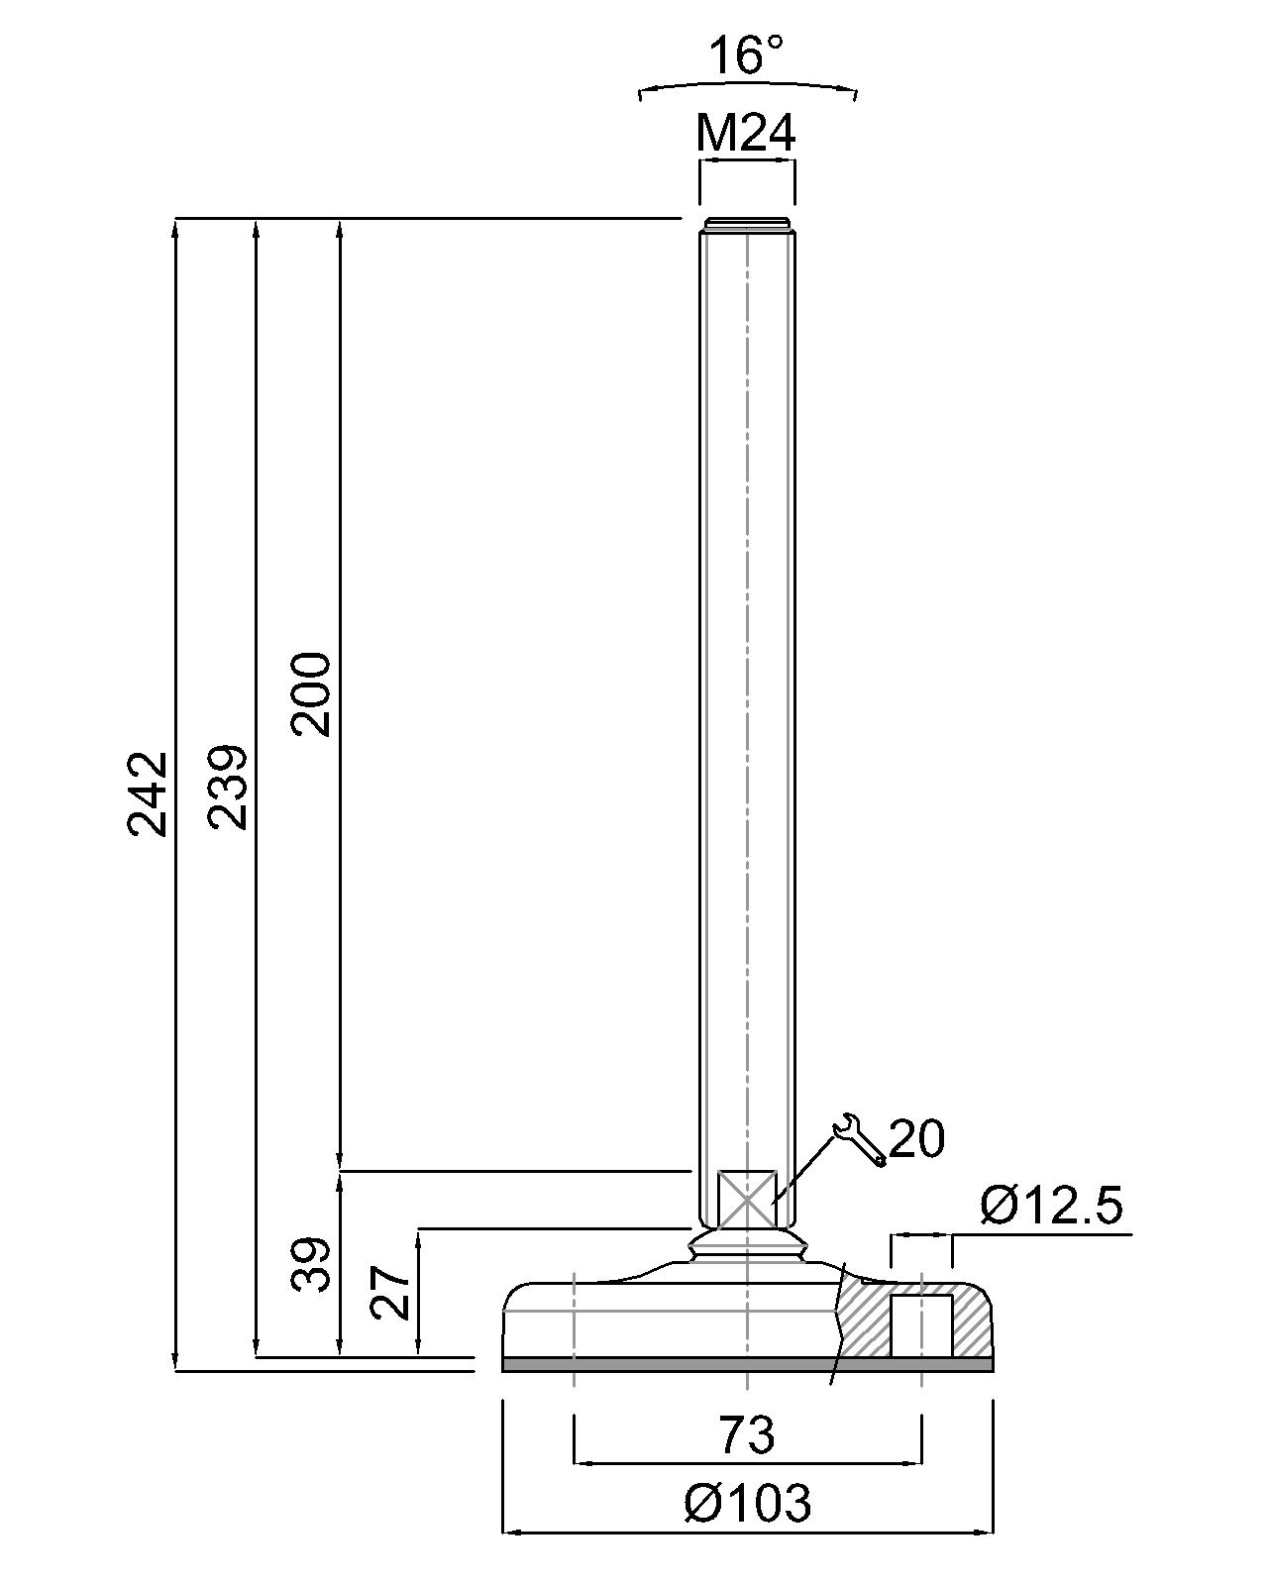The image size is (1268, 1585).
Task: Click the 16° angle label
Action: pyautogui.click(x=746, y=56)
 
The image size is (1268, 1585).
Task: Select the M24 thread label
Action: pyautogui.click(x=746, y=134)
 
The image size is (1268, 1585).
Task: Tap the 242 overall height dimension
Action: pyautogui.click(x=148, y=793)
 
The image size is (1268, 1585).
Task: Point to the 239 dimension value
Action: pyautogui.click(x=227, y=788)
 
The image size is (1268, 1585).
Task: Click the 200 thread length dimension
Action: pyautogui.click(x=310, y=693)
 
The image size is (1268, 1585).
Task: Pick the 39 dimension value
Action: pyautogui.click(x=309, y=1264)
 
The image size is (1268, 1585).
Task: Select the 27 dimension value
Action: pyautogui.click(x=390, y=1293)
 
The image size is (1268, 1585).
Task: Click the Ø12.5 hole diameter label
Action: pyautogui.click(x=1051, y=1206)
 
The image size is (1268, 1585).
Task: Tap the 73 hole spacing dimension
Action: pyautogui.click(x=746, y=1434)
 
